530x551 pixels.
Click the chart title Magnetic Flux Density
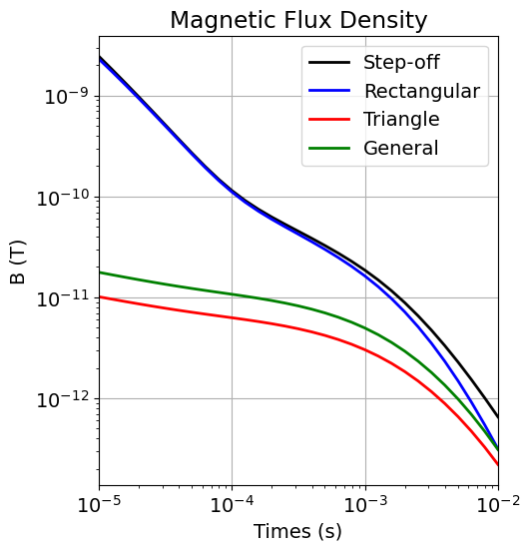point(298,20)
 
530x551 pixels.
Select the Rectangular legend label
point(421,91)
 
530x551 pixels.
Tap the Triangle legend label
point(401,120)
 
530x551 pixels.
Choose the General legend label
point(400,148)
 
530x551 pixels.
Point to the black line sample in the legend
point(329,63)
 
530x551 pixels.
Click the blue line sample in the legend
point(329,91)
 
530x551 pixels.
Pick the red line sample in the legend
point(329,120)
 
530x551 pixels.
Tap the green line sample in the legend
point(329,148)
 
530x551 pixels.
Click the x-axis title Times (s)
point(297,531)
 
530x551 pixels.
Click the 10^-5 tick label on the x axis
point(99,504)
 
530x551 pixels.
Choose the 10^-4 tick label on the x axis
point(232,504)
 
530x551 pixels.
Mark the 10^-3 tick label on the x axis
point(364,504)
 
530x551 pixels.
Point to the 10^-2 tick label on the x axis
point(497,504)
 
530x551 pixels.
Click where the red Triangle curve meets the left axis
point(100,296)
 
